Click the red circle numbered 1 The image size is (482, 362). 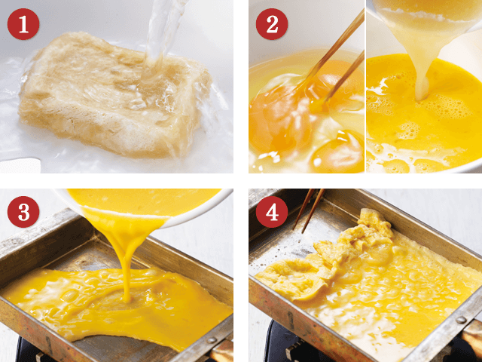point(23,24)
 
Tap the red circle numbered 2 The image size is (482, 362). point(272,24)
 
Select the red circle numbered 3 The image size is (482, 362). point(23,212)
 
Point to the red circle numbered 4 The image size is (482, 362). point(272,212)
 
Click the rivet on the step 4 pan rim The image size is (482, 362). point(461,320)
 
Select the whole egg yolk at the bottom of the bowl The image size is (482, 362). point(338,152)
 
